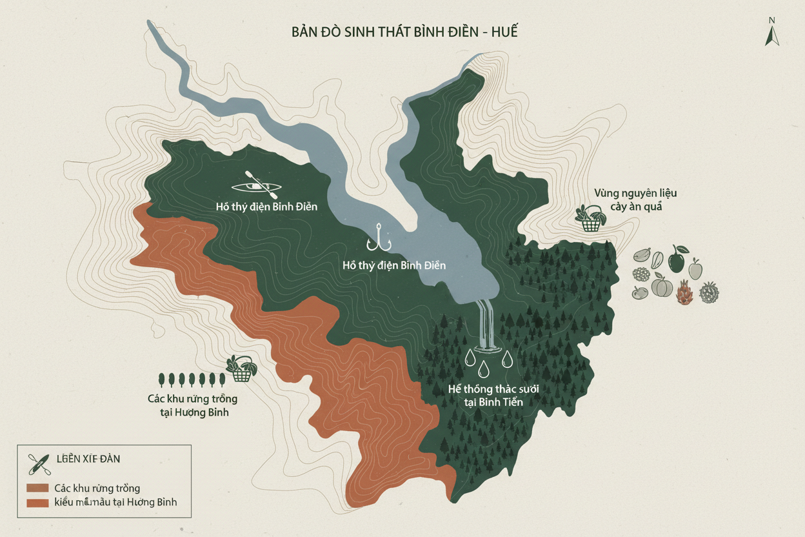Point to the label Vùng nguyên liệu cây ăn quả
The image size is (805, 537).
click(635, 199)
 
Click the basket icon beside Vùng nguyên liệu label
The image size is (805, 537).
click(590, 219)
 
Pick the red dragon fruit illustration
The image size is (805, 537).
click(684, 292)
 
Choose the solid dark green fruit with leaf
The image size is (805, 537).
click(676, 259)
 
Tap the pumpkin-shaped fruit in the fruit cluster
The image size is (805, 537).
click(662, 285)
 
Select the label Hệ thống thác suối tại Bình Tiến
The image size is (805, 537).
click(493, 395)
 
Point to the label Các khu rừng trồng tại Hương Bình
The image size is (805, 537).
click(192, 405)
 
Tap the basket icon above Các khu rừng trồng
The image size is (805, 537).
click(241, 369)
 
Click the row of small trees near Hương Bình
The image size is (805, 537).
click(191, 379)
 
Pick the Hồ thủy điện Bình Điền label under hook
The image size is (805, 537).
click(393, 265)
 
